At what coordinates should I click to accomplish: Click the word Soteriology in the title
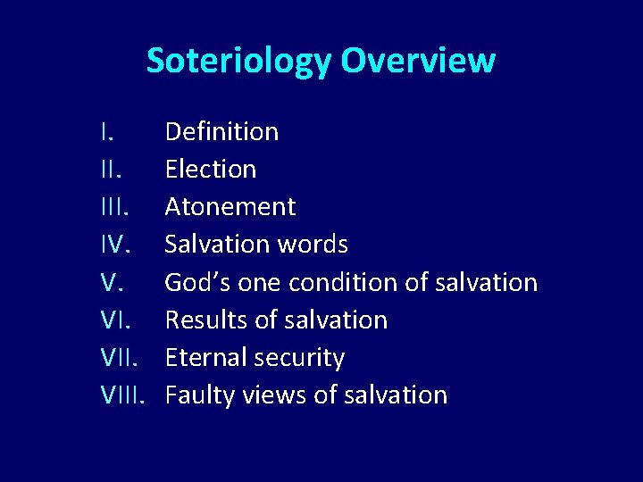[238, 62]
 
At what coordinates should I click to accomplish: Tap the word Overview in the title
[417, 61]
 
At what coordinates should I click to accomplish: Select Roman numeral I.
[106, 132]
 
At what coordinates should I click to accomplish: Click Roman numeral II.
[110, 170]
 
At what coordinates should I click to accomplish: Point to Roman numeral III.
[113, 207]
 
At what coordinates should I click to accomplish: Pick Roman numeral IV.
[115, 245]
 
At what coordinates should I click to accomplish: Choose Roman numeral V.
[111, 282]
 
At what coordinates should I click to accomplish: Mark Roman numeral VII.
[120, 357]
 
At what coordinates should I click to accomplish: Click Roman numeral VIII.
[123, 395]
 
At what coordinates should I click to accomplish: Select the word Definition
[221, 132]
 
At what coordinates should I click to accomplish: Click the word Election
[211, 170]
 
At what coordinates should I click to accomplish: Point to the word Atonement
[230, 207]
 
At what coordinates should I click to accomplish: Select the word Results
[201, 320]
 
